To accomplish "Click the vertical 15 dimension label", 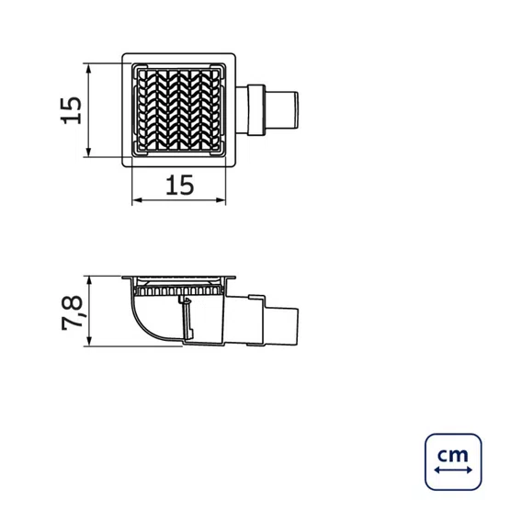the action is pos(72,110).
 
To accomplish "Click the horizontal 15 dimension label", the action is pos(179,186).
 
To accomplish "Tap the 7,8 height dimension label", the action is pos(73,313).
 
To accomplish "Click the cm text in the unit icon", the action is pos(453,455).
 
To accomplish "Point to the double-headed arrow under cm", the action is pos(453,470).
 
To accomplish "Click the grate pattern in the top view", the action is pos(178,110).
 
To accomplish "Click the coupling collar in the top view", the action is pos(257,110).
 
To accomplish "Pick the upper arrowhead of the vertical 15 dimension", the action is pos(89,67).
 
